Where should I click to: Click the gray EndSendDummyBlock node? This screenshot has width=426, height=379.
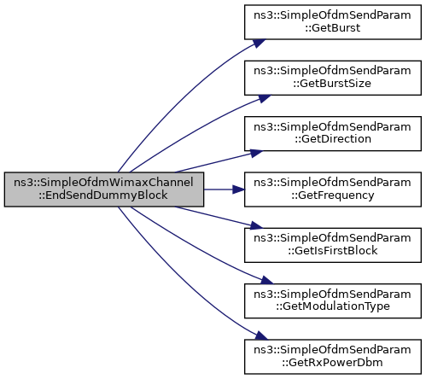104,189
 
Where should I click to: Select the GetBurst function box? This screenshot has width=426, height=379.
333,22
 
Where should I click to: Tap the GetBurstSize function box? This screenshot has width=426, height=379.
333,78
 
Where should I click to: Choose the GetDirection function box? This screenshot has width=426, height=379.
333,133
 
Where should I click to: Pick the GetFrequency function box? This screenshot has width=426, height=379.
333,189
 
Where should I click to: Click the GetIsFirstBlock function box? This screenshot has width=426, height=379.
333,245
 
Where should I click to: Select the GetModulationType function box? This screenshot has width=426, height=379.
333,300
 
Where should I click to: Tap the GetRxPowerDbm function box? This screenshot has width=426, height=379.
333,357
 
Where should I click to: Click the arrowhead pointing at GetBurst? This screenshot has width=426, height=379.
259,44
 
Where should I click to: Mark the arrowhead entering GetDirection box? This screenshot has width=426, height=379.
256,154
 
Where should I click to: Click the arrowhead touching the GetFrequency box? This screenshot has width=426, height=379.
238,189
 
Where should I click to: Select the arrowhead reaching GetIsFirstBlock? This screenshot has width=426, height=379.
256,225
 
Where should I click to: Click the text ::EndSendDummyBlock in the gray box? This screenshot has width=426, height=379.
103,195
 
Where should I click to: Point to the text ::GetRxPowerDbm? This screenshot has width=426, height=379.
332,363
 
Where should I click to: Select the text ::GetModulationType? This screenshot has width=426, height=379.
333,306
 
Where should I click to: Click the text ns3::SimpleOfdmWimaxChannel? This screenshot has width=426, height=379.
103,183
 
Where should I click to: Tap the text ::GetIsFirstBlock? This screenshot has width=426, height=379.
333,251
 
